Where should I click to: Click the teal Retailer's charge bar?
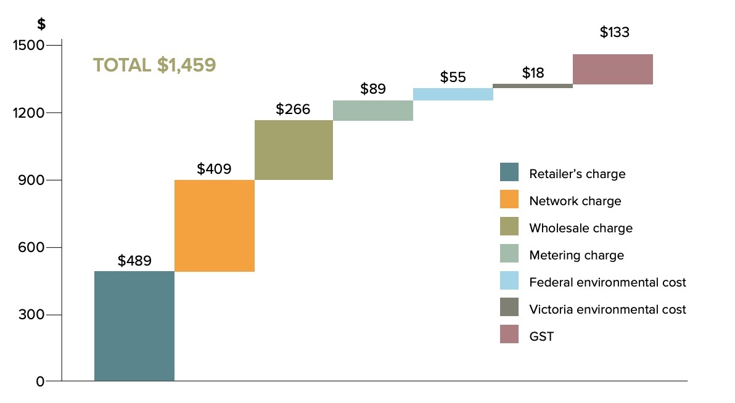click(x=134, y=326)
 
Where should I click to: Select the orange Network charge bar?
click(x=215, y=226)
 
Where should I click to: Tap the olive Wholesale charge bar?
click(x=294, y=150)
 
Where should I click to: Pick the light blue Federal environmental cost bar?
click(x=453, y=94)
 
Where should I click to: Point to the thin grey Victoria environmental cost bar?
click(x=533, y=86)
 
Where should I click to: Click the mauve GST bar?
click(x=613, y=69)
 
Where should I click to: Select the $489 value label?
click(x=134, y=261)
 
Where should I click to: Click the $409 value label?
click(x=214, y=169)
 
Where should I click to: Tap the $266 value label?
click(x=293, y=110)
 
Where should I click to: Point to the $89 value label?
click(x=372, y=89)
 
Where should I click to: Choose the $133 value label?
click(x=614, y=33)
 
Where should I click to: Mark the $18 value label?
click(x=533, y=73)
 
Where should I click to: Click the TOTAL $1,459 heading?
click(x=154, y=66)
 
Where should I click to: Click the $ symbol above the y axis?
click(x=41, y=25)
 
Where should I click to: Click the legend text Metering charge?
click(x=577, y=255)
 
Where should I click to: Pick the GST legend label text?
click(x=541, y=336)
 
